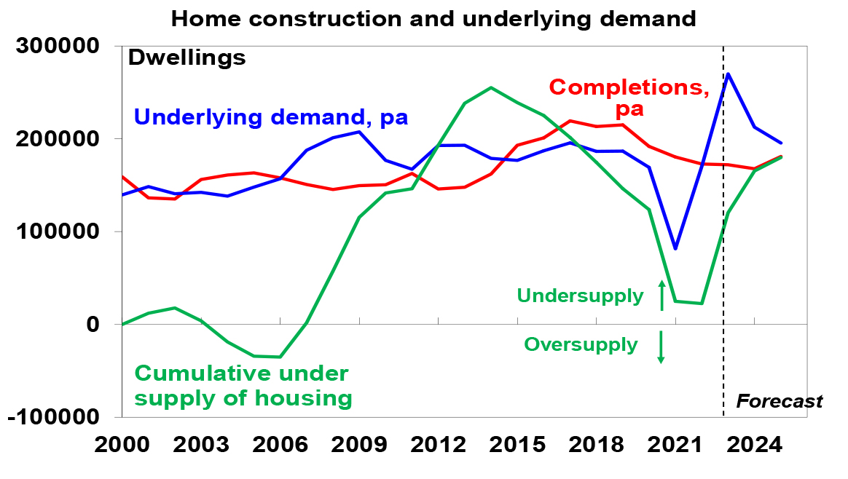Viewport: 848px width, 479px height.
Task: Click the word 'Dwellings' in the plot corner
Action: (x=187, y=58)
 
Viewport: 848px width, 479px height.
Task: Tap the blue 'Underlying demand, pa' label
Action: (x=271, y=116)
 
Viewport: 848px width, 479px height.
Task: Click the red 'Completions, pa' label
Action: (x=629, y=98)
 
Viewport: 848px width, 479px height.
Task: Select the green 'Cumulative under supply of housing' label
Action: (x=243, y=386)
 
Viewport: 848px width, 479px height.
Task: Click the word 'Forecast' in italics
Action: (x=780, y=401)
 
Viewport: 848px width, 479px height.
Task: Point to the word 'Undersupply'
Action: (x=580, y=296)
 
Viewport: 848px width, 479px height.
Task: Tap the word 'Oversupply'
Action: (x=581, y=344)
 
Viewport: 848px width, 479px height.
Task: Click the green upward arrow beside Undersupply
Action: (x=661, y=295)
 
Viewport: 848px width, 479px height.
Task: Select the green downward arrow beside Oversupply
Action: (x=661, y=347)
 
